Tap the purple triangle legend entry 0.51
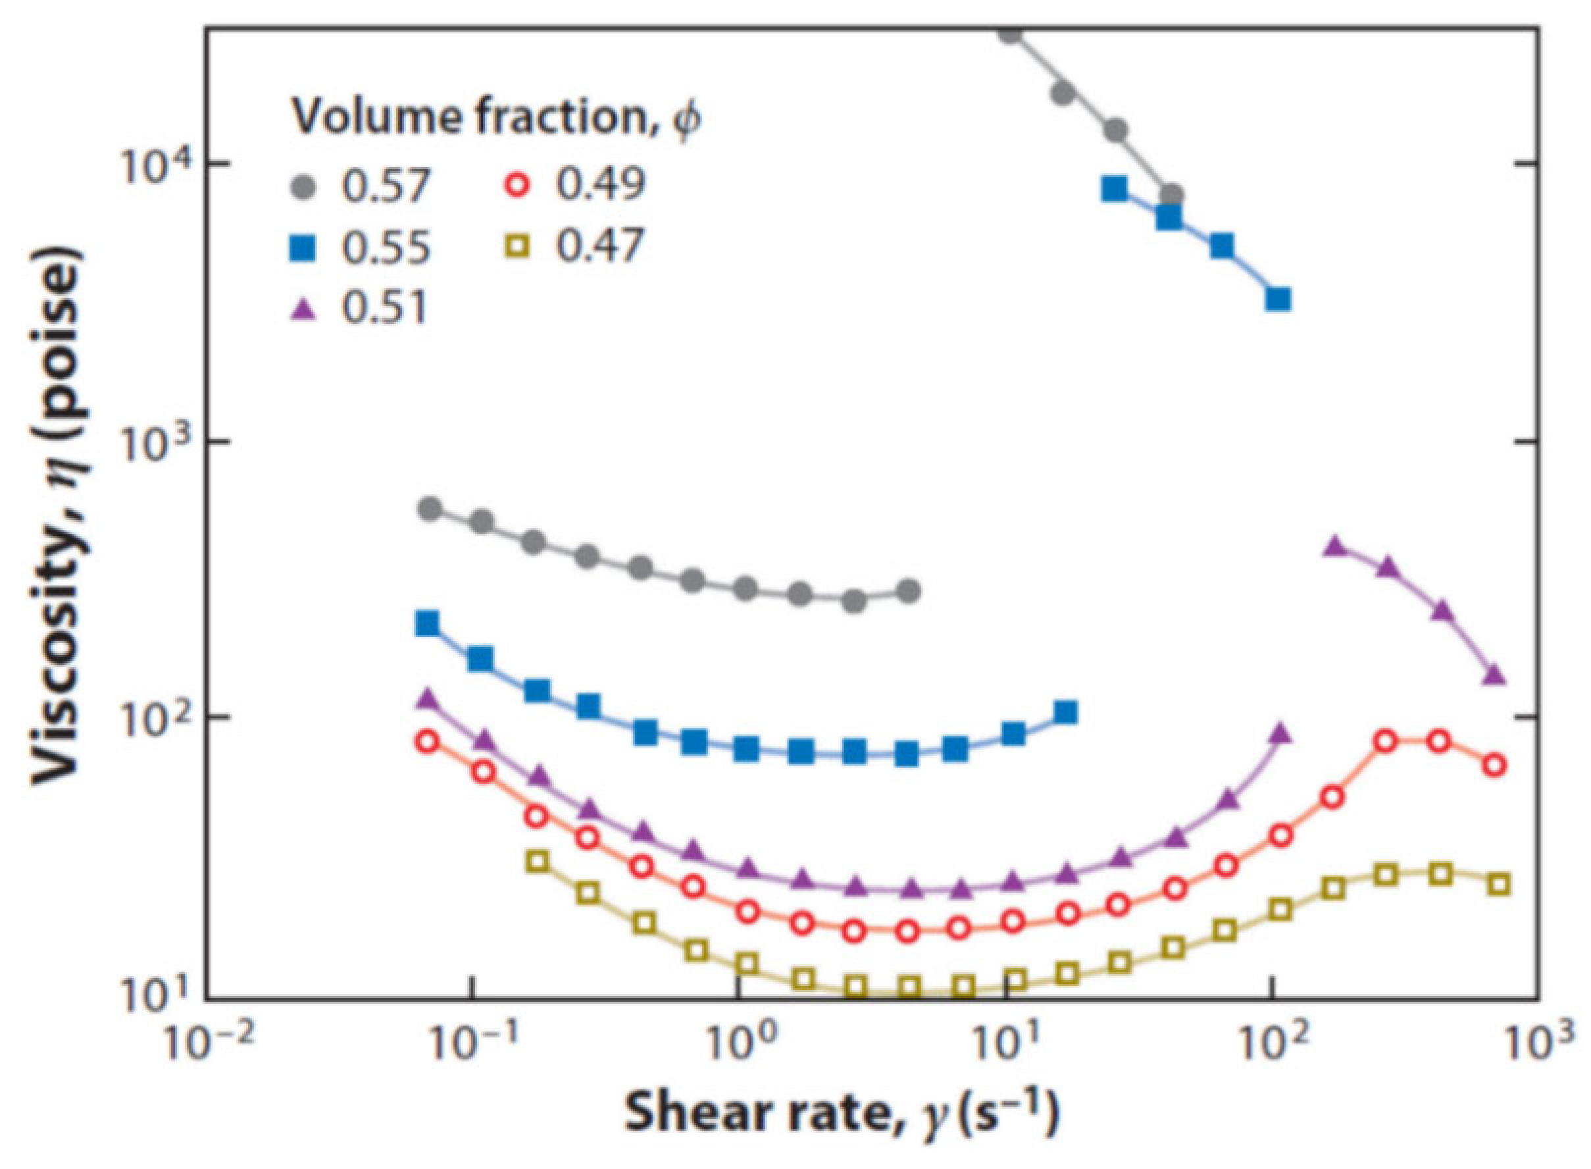point(359,308)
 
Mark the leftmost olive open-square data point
point(538,861)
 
